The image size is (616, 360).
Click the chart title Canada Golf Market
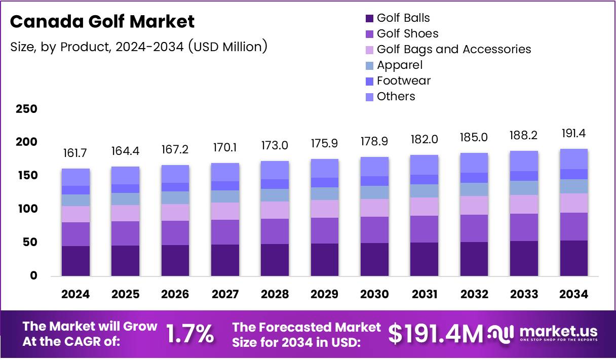[x=102, y=22]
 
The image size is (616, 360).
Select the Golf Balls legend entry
[x=403, y=18]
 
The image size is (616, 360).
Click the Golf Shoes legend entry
[x=407, y=34]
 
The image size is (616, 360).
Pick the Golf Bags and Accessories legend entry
[x=453, y=50]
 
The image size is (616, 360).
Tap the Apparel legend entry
[x=399, y=65]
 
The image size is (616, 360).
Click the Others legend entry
[x=396, y=97]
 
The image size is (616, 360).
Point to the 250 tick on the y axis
[x=26, y=109]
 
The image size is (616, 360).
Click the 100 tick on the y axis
[x=26, y=209]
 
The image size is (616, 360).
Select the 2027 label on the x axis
[x=225, y=294]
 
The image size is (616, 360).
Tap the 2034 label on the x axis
[x=574, y=294]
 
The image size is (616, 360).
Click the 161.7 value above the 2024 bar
[x=75, y=153]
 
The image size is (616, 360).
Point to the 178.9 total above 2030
[x=374, y=142]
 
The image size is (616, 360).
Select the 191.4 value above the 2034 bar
[x=574, y=134]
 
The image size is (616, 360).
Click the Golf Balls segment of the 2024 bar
[x=75, y=261]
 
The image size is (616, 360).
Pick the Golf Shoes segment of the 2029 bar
[x=325, y=230]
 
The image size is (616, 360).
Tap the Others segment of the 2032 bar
[x=474, y=163]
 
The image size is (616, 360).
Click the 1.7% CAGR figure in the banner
[x=190, y=334]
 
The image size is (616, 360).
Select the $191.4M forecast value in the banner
[x=435, y=334]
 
